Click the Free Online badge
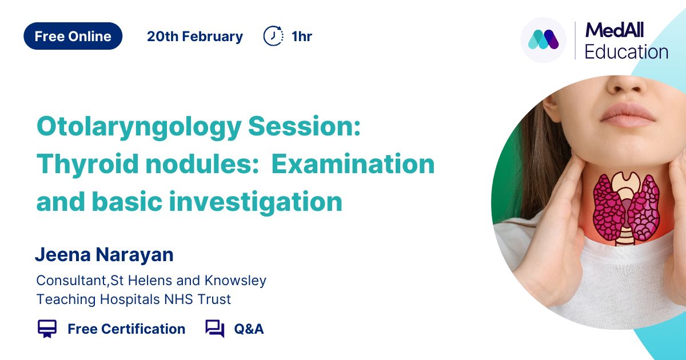[x=73, y=36]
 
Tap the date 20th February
[x=195, y=37]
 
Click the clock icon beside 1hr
[x=273, y=36]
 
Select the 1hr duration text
[x=302, y=37]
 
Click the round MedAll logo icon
[x=543, y=40]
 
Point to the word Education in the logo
[x=627, y=52]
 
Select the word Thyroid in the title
[x=87, y=165]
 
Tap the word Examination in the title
[x=353, y=164]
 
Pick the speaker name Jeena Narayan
[x=105, y=255]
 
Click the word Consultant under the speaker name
[x=71, y=281]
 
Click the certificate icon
[x=47, y=329]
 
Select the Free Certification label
[x=126, y=329]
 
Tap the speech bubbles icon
[x=215, y=329]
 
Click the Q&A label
[x=249, y=329]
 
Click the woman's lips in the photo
[x=627, y=115]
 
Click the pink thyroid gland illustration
[x=627, y=208]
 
